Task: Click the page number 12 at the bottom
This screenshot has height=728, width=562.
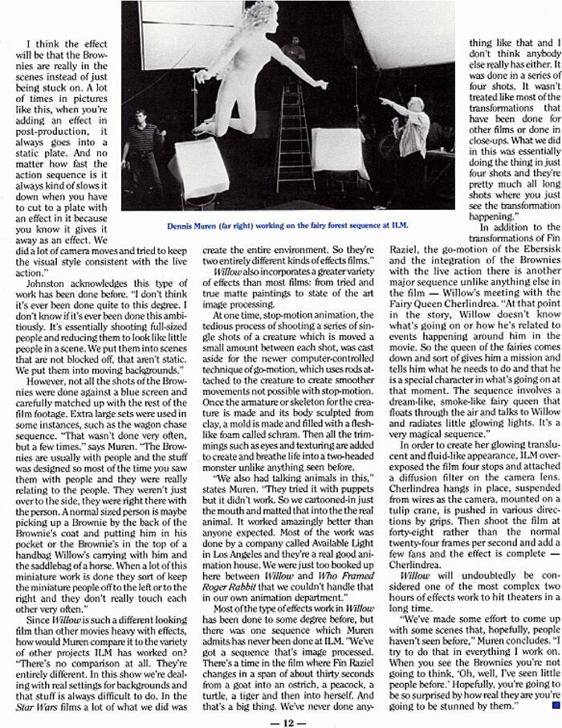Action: click(280, 719)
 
